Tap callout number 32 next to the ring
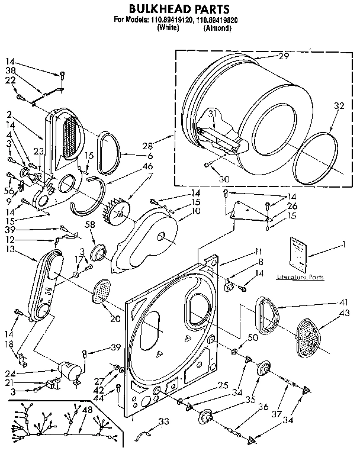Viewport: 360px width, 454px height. coord(339,107)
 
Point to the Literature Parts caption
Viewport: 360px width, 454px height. coord(300,276)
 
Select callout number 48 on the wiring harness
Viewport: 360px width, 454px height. coord(88,410)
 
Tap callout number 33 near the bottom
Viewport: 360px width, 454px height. coord(164,421)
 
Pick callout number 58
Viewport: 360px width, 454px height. coord(90,224)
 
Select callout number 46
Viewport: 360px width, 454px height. coord(148,167)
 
